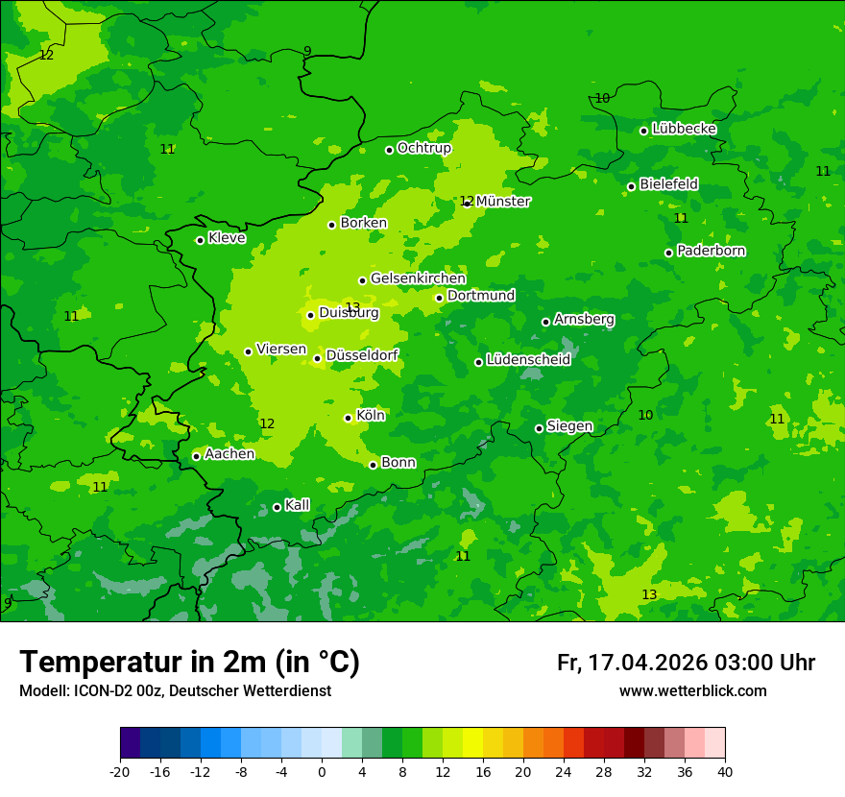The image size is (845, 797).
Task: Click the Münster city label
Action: (503, 202)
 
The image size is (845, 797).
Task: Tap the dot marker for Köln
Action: (348, 418)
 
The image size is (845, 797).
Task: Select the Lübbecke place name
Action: (684, 129)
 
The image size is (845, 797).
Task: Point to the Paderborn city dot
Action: (668, 253)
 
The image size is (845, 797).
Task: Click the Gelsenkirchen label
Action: (418, 278)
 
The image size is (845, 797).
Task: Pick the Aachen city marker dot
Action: (196, 456)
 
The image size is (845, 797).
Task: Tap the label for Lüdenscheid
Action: (528, 360)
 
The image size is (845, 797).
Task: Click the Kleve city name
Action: (227, 238)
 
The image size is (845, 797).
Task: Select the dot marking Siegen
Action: (539, 428)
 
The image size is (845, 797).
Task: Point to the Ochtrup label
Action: (423, 148)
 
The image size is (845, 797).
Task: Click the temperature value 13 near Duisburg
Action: (352, 307)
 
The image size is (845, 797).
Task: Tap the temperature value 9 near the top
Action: (307, 51)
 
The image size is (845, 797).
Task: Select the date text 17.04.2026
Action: (647, 663)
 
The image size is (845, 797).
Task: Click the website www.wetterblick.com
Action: (692, 690)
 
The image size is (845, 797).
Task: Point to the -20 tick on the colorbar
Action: (120, 771)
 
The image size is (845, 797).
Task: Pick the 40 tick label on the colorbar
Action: (725, 771)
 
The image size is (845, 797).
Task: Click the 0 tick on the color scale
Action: (322, 771)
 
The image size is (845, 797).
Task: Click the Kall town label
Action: (297, 505)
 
